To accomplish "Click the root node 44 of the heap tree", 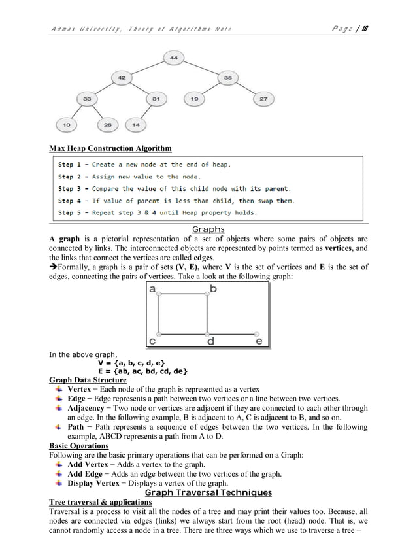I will pyautogui.click(x=174, y=58).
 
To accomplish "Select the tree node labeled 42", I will pyautogui.click(x=122, y=78).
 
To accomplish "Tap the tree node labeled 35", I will pyautogui.click(x=227, y=78).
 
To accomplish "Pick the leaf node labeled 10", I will pyautogui.click(x=67, y=124).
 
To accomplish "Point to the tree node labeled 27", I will pyautogui.click(x=263, y=99).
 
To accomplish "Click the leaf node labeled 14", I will pyautogui.click(x=135, y=124).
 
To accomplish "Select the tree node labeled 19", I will pyautogui.click(x=194, y=99).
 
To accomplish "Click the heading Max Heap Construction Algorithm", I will pyautogui.click(x=110, y=148).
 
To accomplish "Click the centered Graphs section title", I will pyautogui.click(x=208, y=229).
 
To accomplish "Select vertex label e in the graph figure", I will pyautogui.click(x=259, y=341).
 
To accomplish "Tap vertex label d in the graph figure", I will pyautogui.click(x=210, y=341).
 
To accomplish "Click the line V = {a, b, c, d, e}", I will pyautogui.click(x=131, y=363).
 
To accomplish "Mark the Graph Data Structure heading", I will pyautogui.click(x=88, y=380).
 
